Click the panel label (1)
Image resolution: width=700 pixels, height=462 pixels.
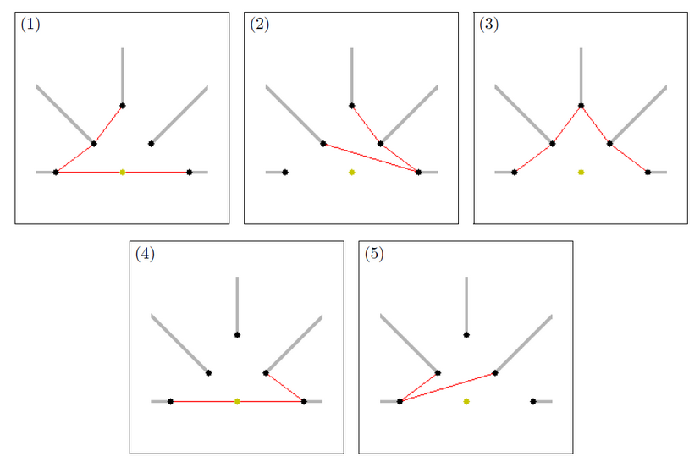click(30, 24)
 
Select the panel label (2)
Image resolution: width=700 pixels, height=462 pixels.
click(259, 24)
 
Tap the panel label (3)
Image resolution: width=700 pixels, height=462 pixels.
click(488, 24)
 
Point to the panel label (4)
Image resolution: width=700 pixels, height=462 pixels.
click(144, 253)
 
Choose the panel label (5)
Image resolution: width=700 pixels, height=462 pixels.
click(373, 253)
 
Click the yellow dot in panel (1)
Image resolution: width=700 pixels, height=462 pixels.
click(123, 172)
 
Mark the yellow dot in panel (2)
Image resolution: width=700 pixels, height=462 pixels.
click(352, 172)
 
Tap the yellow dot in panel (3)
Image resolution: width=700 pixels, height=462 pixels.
click(581, 172)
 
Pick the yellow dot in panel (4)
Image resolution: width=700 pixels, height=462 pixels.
click(237, 401)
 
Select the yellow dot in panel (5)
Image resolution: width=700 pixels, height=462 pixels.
click(466, 401)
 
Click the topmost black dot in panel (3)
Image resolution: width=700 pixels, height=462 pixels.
click(581, 106)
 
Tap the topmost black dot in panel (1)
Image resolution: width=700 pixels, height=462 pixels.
click(123, 106)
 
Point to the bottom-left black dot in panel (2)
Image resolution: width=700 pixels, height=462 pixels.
click(285, 172)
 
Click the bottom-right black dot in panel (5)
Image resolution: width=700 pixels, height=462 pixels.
click(533, 401)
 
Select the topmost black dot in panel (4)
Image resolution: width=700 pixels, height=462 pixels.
click(237, 335)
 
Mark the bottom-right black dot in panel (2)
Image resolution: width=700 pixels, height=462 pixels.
click(419, 172)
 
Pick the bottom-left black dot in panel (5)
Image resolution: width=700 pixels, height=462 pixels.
click(400, 401)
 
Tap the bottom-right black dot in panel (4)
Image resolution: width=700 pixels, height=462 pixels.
click(304, 401)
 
